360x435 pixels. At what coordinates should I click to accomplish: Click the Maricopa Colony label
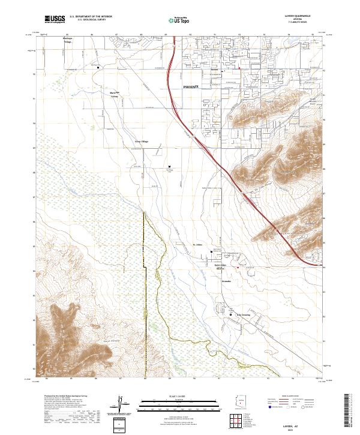point(114,94)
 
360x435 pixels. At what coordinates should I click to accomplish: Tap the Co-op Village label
point(140,142)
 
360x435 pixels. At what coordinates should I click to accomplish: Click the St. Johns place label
point(198,245)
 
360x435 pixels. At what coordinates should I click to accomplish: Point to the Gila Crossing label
point(242,314)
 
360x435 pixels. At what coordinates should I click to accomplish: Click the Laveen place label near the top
point(214,70)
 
